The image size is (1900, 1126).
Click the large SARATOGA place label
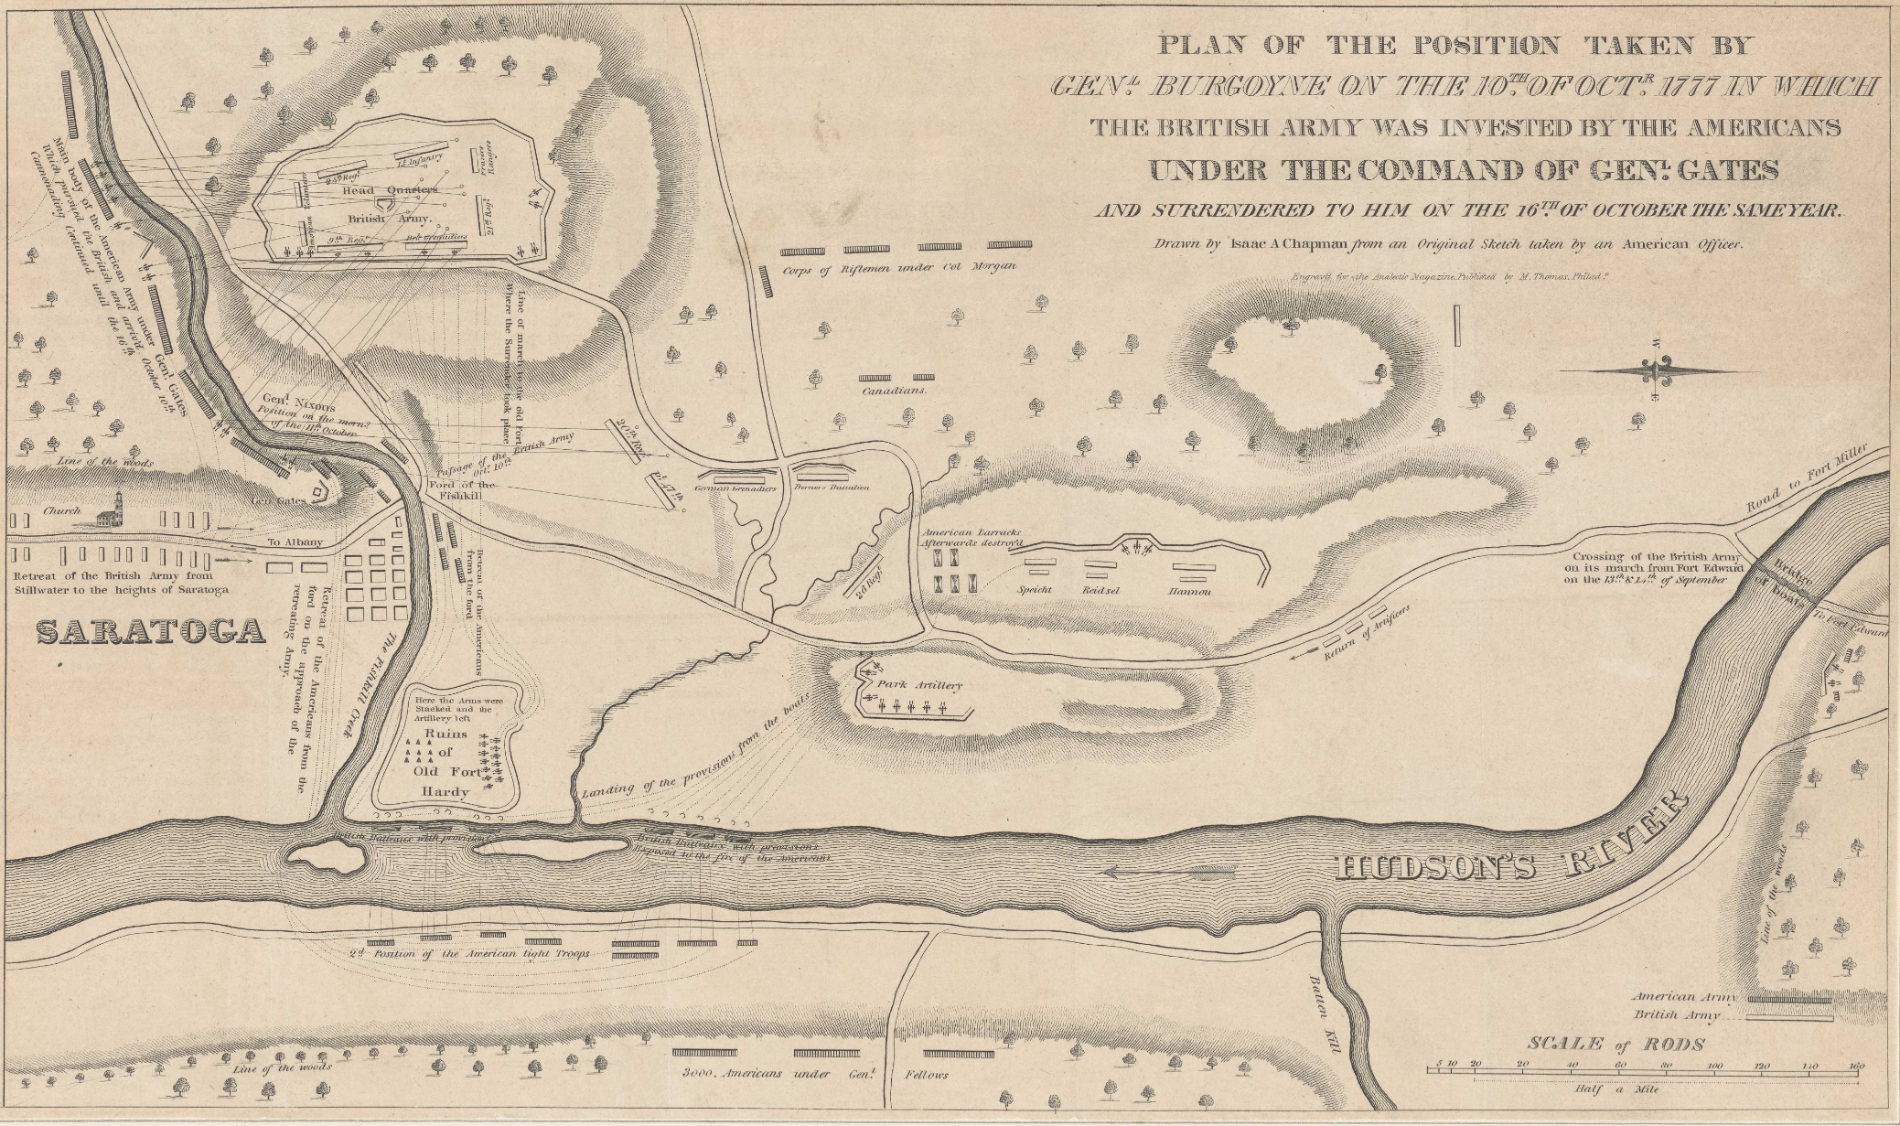(x=149, y=630)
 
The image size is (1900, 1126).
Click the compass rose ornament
(x=1655, y=371)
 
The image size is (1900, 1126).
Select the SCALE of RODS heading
(x=1615, y=1044)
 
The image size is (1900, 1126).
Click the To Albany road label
(x=295, y=542)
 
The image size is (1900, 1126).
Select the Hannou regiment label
(x=1189, y=591)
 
